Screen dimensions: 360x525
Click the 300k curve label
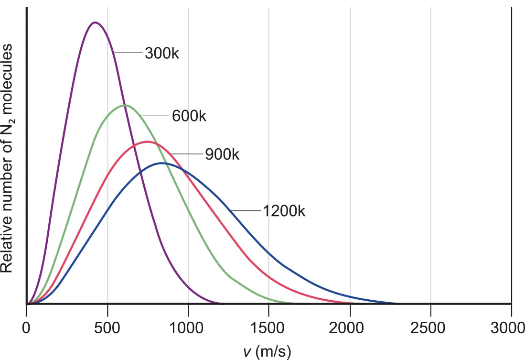coord(162,53)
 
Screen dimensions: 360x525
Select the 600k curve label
coord(189,116)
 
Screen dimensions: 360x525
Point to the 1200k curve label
coord(284,211)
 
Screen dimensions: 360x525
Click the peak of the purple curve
coord(95,22)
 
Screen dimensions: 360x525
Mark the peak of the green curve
coord(125,105)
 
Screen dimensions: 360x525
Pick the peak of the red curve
coord(147,142)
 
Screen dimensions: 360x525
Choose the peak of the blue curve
coord(163,163)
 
